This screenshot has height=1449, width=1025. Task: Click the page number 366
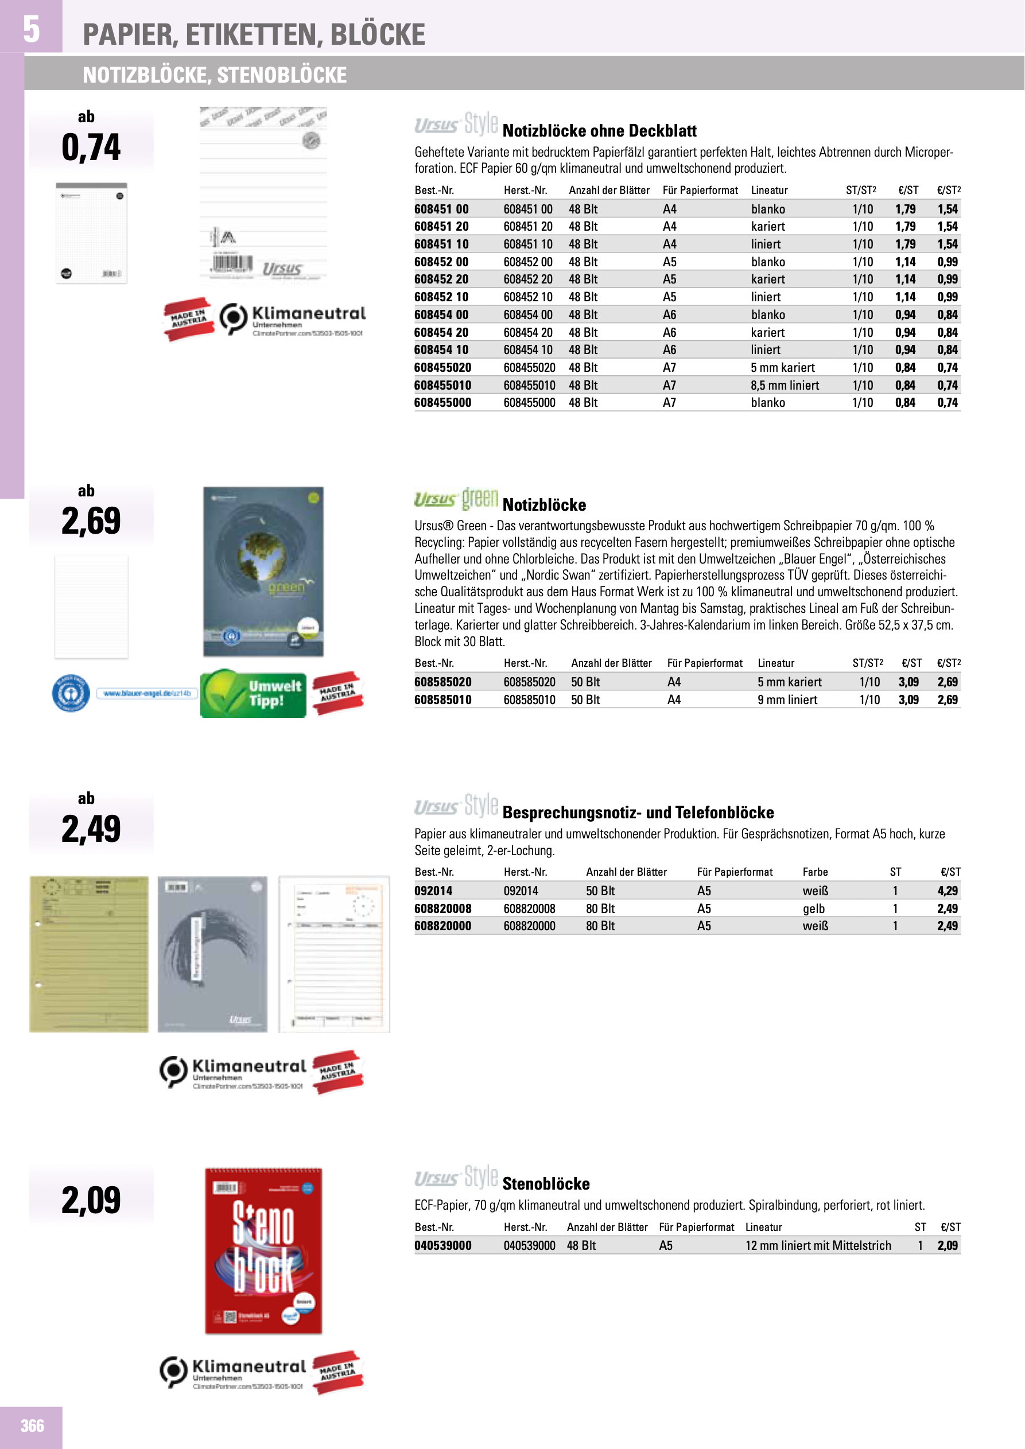point(32,1425)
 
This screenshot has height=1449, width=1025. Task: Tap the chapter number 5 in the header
point(31,29)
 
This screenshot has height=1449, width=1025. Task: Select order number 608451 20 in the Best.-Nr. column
point(441,227)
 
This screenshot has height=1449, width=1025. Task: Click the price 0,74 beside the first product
point(91,147)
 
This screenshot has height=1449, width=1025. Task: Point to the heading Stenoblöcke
point(546,1184)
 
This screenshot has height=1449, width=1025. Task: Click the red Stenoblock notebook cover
point(263,1250)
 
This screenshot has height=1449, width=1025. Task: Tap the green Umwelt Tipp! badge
point(253,694)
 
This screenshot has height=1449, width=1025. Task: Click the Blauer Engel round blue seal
point(70,693)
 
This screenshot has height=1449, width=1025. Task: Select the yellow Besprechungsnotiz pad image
point(89,954)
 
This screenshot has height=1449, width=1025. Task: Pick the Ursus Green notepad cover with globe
point(263,571)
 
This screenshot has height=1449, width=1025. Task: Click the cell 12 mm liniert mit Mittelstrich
point(818,1246)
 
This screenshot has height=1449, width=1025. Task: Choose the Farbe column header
point(815,872)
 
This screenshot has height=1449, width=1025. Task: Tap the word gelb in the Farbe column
point(814,909)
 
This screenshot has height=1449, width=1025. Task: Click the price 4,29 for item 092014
point(948,891)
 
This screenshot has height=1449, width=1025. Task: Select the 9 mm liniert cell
point(787,700)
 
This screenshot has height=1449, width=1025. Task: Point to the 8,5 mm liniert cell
point(785,386)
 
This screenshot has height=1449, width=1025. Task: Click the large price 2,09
point(91,1200)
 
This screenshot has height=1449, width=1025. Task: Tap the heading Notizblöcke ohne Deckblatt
point(599,131)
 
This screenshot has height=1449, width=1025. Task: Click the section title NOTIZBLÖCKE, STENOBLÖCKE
point(215,75)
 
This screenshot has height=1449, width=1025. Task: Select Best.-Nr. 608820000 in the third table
point(442,926)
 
